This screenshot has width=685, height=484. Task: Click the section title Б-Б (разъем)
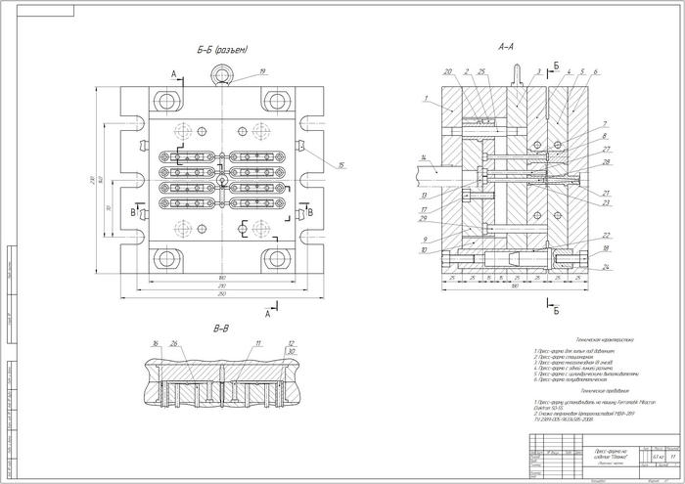[x=221, y=50]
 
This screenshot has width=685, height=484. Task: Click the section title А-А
[x=507, y=46]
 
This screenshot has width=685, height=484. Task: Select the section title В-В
[x=222, y=329]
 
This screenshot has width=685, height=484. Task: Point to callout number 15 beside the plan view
[x=341, y=165]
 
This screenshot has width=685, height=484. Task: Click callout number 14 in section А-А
[x=421, y=157]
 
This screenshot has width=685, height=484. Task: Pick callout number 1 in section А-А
[x=427, y=99]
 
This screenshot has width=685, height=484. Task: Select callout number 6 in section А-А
[x=596, y=71]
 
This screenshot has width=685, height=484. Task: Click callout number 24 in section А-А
[x=607, y=266]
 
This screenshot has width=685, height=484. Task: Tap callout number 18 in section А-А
[x=607, y=251]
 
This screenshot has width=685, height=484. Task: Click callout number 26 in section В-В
[x=173, y=343]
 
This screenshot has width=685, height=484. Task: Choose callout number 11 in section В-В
[x=257, y=343]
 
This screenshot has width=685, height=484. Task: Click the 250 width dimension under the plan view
[x=223, y=294]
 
